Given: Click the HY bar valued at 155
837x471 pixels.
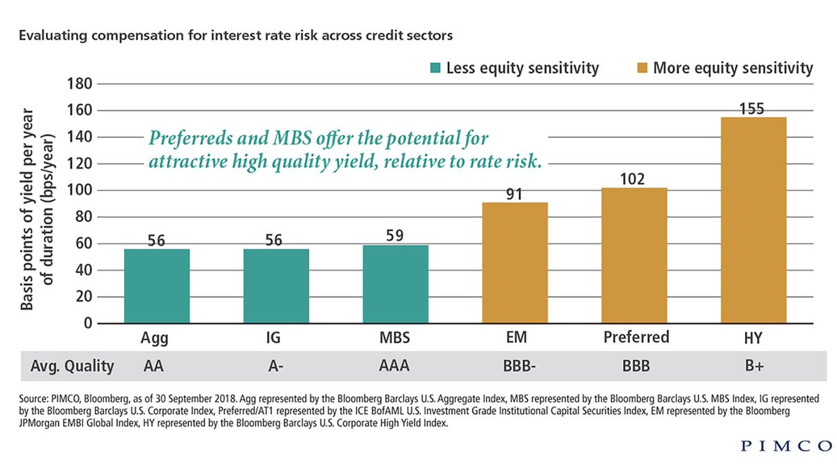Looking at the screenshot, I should pyautogui.click(x=753, y=220).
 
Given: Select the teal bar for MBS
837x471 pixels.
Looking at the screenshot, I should pyautogui.click(x=395, y=284).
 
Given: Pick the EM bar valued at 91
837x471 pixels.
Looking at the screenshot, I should pyautogui.click(x=515, y=263).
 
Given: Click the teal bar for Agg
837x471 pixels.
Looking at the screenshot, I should pyautogui.click(x=157, y=286).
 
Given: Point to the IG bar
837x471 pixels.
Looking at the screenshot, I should pyautogui.click(x=276, y=286).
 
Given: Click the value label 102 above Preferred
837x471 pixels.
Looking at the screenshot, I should pyautogui.click(x=634, y=179).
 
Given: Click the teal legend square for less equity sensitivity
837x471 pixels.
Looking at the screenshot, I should pyautogui.click(x=436, y=68).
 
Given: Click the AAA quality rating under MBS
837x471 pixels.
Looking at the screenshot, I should pyautogui.click(x=395, y=366).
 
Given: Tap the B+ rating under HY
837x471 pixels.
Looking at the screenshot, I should pyautogui.click(x=753, y=366).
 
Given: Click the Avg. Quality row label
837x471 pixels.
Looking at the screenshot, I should pyautogui.click(x=72, y=366).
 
